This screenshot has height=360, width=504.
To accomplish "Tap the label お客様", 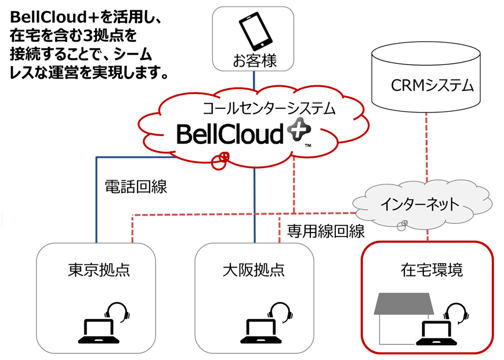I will pyautogui.click(x=253, y=61).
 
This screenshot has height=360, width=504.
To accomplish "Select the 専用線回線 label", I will pyautogui.click(x=325, y=231).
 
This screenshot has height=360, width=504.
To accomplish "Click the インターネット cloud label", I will pyautogui.click(x=420, y=204).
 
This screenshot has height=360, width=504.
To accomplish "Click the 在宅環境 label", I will pyautogui.click(x=432, y=270).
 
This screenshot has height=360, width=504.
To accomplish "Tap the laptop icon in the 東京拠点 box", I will pyautogui.click(x=97, y=329).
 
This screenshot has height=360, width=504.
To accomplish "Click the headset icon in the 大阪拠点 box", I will pyautogui.click(x=280, y=314).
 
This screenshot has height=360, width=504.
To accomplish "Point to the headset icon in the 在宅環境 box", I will pyautogui.click(x=458, y=314).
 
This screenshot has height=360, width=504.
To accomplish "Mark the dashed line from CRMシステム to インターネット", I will pyautogui.click(x=427, y=145).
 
